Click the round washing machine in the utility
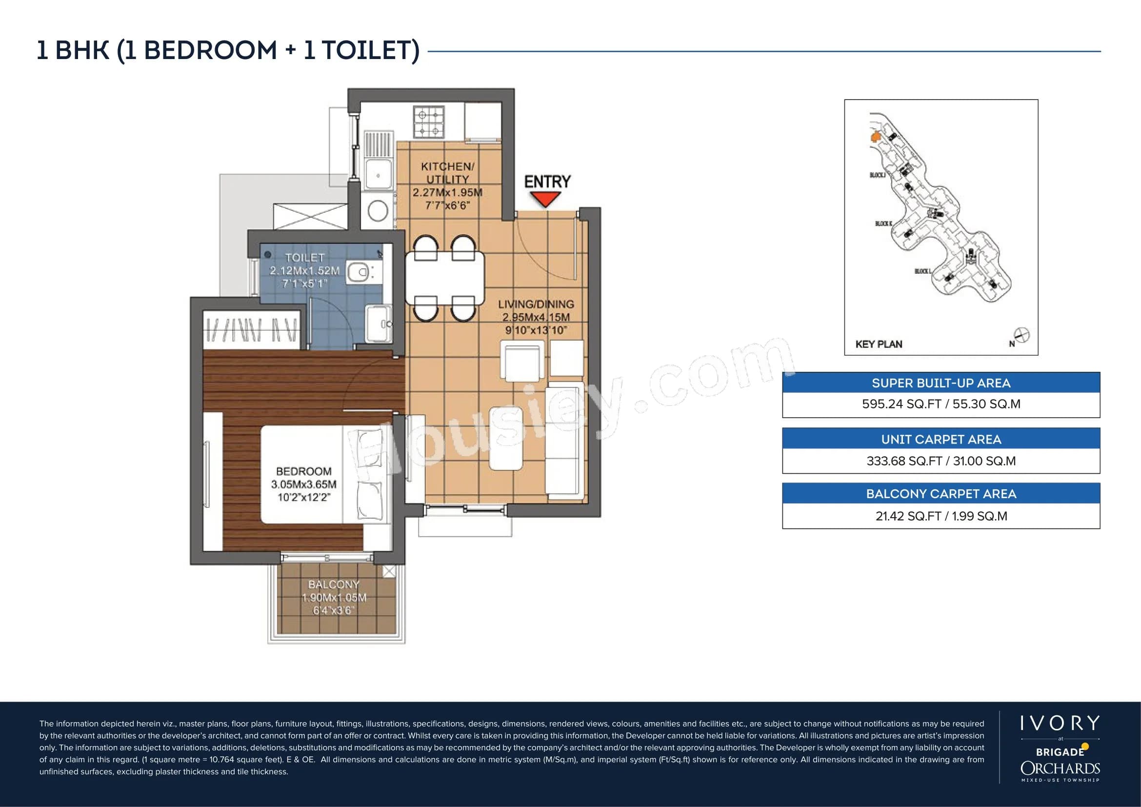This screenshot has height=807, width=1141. pyautogui.click(x=378, y=211)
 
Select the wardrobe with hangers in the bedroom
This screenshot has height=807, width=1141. pyautogui.click(x=252, y=329)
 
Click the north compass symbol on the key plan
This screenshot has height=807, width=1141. pyautogui.click(x=1022, y=335)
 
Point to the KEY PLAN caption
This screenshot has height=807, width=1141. pyautogui.click(x=879, y=344)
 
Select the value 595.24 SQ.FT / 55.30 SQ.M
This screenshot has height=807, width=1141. pyautogui.click(x=941, y=404)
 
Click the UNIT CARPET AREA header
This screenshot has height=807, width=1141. pyautogui.click(x=941, y=439)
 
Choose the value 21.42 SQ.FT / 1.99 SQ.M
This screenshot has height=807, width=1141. pyautogui.click(x=941, y=516)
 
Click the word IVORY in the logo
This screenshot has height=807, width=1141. pyautogui.click(x=1060, y=724)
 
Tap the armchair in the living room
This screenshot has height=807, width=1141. pyautogui.click(x=521, y=361)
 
